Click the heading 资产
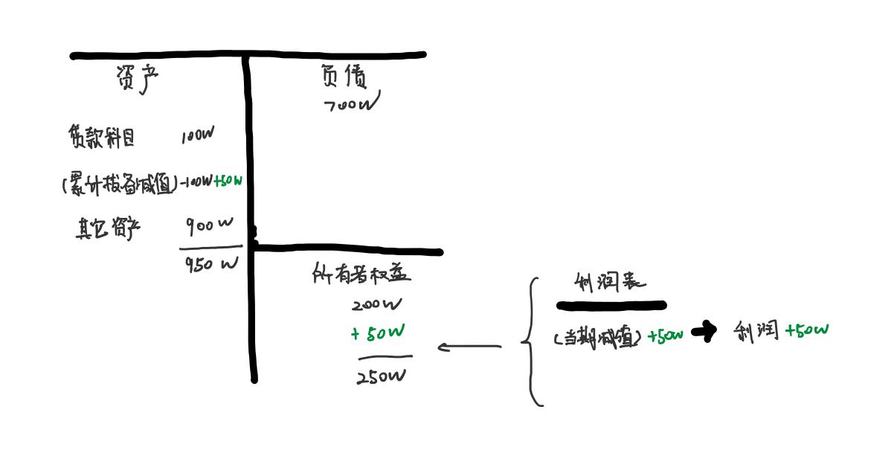click(138, 78)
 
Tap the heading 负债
click(344, 76)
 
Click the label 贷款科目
click(102, 137)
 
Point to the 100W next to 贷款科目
click(197, 136)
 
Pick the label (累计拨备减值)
click(120, 184)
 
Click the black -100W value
click(196, 181)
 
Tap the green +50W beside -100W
click(228, 181)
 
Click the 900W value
click(210, 225)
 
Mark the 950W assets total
click(211, 263)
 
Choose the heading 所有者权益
click(361, 274)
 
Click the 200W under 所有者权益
click(376, 304)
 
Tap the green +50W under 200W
click(378, 332)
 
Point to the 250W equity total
click(382, 376)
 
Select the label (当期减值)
click(598, 338)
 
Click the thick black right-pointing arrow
click(704, 331)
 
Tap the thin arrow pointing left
click(469, 347)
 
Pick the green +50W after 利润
click(806, 330)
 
